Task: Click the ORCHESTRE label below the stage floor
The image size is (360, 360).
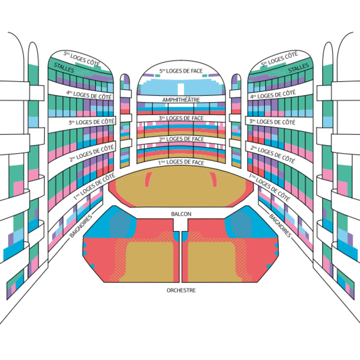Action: point(181,290)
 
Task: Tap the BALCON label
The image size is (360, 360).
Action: point(181,214)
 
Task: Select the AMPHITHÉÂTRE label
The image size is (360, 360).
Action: point(181,100)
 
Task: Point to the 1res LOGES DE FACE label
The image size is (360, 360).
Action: point(181,162)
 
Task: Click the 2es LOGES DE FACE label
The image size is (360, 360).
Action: point(181,139)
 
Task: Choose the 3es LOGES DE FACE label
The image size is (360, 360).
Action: point(181,118)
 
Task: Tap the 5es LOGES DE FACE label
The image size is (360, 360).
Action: point(181,71)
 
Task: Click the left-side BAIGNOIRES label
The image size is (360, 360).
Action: point(81,225)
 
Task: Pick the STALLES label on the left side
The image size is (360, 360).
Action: point(64,68)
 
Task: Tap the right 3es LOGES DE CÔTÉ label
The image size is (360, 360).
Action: point(272,122)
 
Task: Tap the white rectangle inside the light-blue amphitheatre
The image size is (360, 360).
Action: point(181,89)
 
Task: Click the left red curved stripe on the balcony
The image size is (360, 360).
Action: point(148,180)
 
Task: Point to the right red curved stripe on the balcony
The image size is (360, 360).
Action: point(213,180)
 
